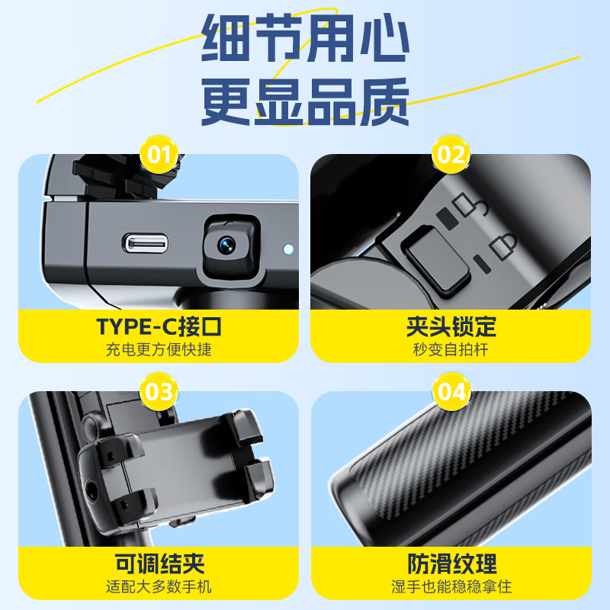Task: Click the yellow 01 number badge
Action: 159,156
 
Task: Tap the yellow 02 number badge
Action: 451,156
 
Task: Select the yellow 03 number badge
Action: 159,393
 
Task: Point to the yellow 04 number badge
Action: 451,393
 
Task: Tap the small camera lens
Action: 226,244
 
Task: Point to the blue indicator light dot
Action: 287,249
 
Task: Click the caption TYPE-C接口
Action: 159,326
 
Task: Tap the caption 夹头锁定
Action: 451,326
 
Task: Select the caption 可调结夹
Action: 159,564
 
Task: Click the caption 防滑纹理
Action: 451,564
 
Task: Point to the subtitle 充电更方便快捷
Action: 159,350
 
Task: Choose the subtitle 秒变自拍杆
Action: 451,350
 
